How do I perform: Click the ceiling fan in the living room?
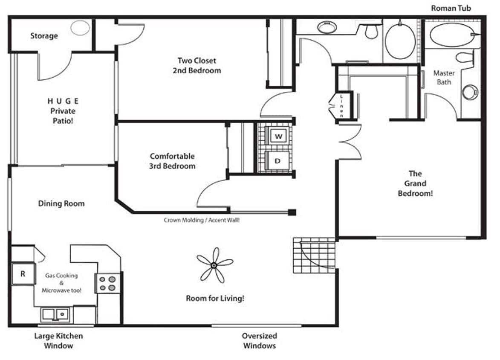click(x=214, y=265)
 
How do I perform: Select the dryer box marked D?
click(x=278, y=161)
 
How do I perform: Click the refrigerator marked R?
click(x=23, y=274)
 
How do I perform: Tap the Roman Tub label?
click(x=451, y=8)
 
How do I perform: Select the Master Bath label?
click(x=444, y=77)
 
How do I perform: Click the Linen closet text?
click(x=341, y=106)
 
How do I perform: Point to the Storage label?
click(x=44, y=36)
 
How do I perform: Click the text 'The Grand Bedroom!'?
click(x=415, y=183)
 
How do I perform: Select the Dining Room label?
click(x=61, y=203)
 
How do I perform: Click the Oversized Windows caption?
click(x=259, y=341)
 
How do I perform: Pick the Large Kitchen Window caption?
click(x=58, y=341)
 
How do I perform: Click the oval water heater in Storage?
click(x=80, y=28)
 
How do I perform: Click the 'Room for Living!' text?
click(x=215, y=298)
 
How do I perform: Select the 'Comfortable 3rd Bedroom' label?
click(x=172, y=161)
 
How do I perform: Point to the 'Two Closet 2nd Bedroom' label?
click(x=197, y=65)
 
